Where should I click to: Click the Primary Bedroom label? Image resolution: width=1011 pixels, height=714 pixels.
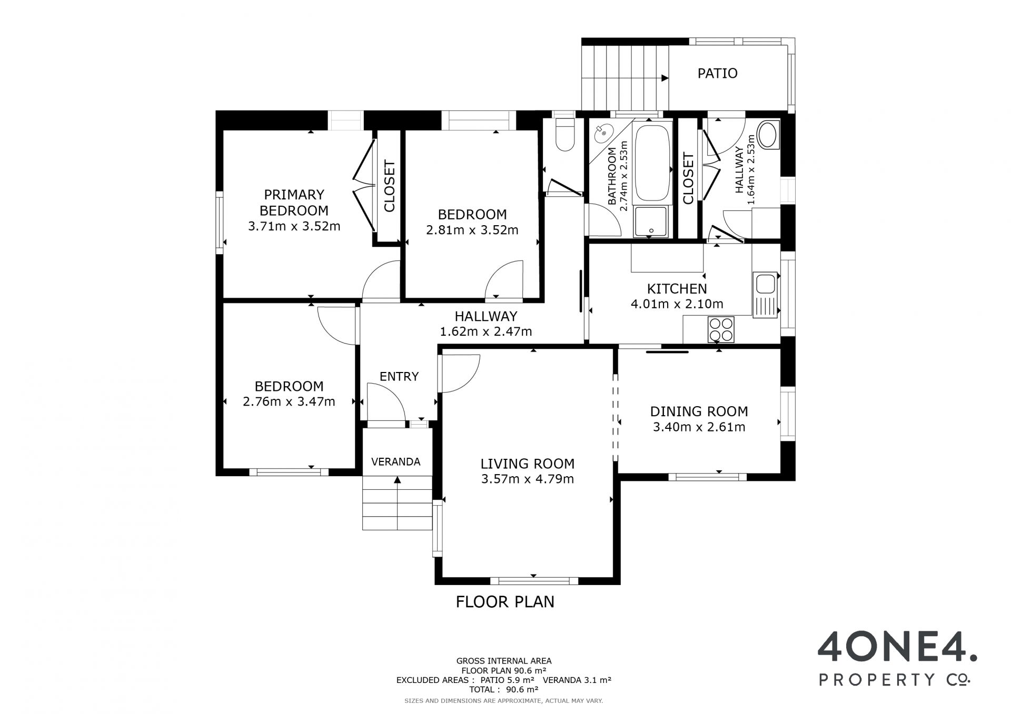coord(294,203)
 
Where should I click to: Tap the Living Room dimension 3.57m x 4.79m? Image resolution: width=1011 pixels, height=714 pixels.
coord(528,479)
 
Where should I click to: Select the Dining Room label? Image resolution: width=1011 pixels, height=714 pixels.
coord(699,411)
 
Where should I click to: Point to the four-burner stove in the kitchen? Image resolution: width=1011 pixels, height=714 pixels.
coord(721,329)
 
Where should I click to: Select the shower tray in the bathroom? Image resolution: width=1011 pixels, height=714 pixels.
coord(651,221)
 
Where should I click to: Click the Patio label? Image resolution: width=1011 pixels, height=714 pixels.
coord(717,73)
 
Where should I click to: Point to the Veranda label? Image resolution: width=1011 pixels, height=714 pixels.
coord(395,462)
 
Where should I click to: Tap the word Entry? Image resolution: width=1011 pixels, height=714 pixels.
coord(399,376)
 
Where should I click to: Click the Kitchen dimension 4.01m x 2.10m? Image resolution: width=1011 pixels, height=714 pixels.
coord(677,304)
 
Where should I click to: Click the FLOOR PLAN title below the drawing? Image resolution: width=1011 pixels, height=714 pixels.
coord(505,602)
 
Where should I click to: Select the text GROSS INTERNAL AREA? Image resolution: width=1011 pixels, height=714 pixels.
coord(504,661)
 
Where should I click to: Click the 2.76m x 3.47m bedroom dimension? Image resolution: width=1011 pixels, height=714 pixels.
coord(289,401)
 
